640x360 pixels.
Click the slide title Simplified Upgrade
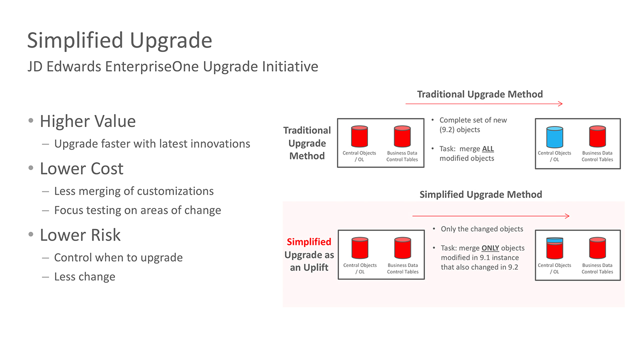click(119, 40)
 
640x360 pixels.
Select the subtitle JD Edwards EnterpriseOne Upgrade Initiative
click(172, 66)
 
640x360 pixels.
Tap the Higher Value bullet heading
click(87, 121)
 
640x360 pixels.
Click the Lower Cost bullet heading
click(81, 168)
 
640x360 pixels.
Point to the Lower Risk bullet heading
click(80, 234)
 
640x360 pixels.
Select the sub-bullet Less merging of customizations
click(133, 191)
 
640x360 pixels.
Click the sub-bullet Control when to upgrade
click(118, 257)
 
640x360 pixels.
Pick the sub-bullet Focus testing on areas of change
click(137, 210)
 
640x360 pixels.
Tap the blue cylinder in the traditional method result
click(554, 136)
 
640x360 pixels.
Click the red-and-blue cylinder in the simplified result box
click(554, 248)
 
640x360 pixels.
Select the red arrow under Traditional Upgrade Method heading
click(484, 103)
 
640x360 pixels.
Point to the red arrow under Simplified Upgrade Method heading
click(490, 216)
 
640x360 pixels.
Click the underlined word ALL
click(487, 149)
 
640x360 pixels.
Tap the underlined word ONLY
click(490, 248)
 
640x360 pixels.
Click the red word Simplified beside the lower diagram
click(309, 242)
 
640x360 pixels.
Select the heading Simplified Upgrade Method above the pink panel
click(480, 194)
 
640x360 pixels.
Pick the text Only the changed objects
click(481, 229)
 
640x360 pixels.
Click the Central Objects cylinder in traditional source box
click(359, 136)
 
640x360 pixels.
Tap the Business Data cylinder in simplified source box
click(402, 248)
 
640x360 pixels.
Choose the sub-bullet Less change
click(84, 276)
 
